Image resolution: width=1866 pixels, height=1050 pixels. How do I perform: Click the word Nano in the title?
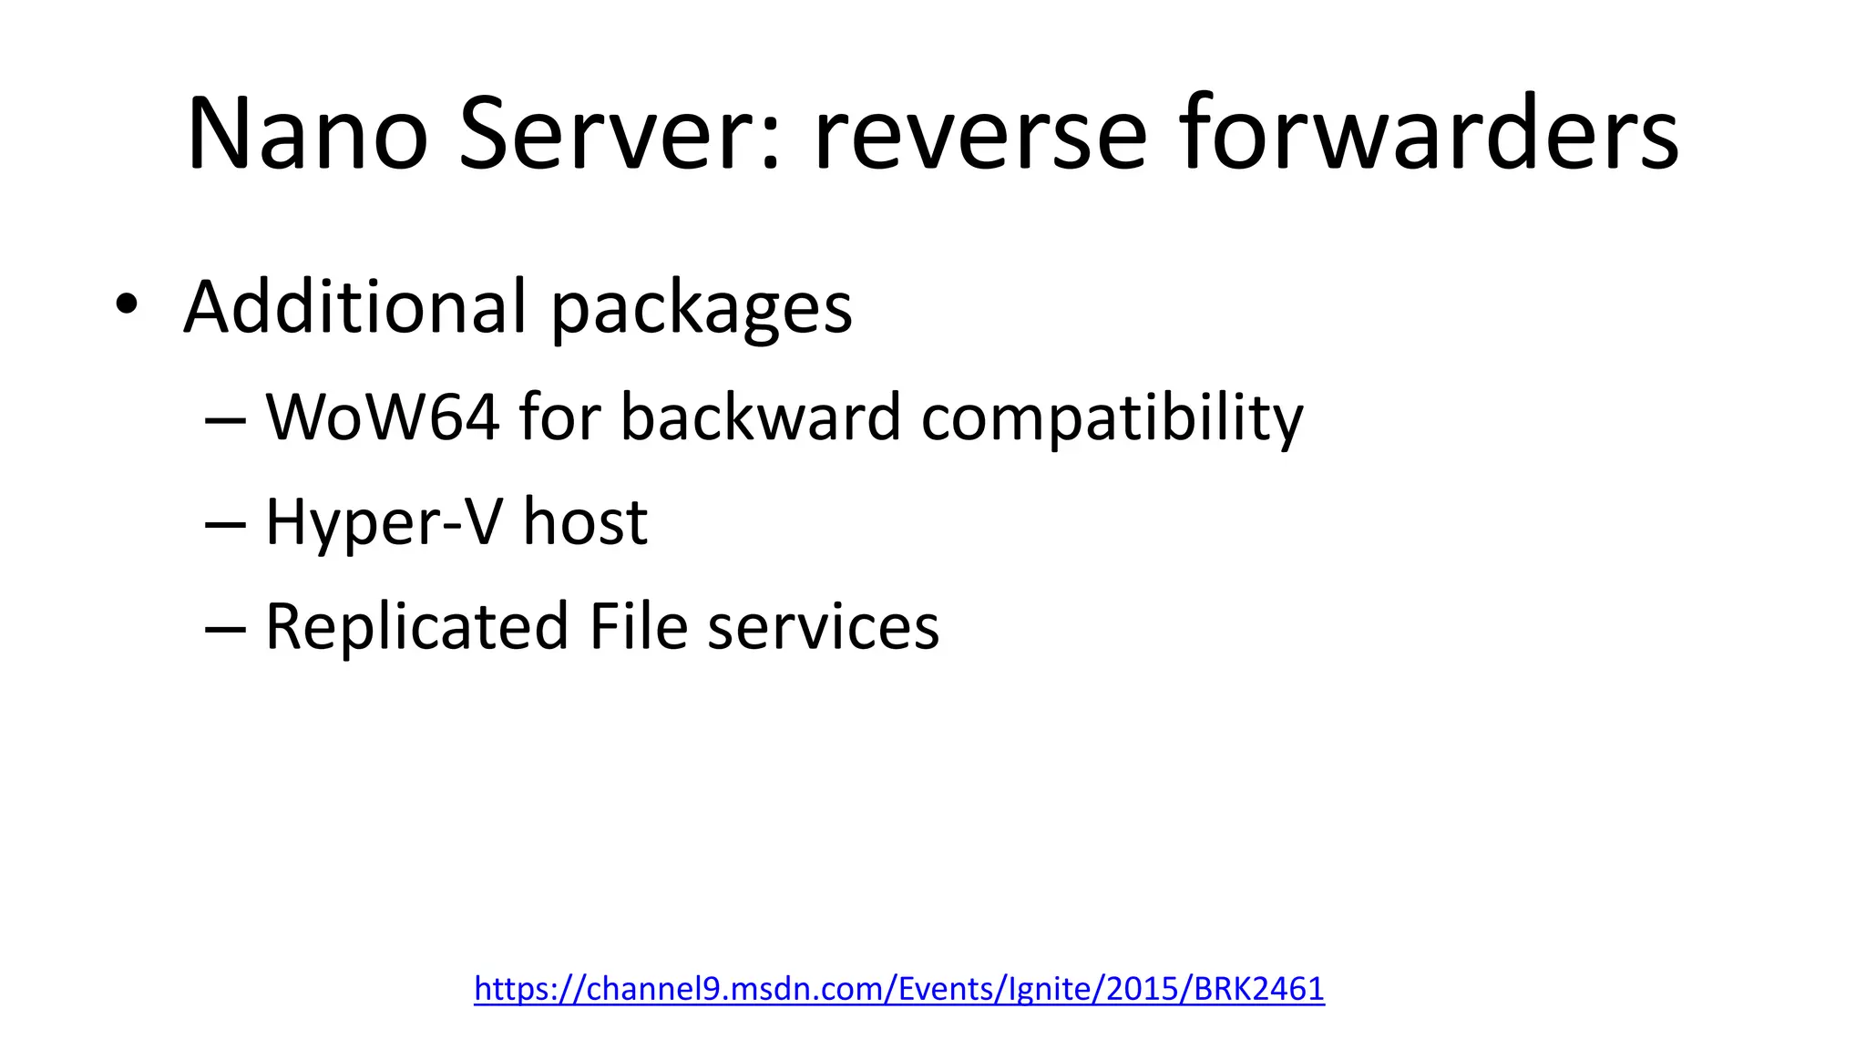(307, 134)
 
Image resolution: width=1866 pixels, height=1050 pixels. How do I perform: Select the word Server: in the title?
(620, 134)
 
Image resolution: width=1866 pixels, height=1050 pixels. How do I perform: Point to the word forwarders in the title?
(1429, 134)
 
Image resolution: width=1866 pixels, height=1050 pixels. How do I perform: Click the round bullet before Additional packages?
(127, 304)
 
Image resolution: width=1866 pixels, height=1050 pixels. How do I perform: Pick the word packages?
(702, 310)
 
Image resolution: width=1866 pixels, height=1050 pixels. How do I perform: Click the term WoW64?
(383, 417)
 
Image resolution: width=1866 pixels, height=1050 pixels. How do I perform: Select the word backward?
(761, 417)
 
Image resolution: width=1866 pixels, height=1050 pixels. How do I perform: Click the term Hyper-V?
(384, 522)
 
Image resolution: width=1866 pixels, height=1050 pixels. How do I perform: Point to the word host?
(584, 522)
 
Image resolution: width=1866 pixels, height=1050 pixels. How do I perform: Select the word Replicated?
(417, 627)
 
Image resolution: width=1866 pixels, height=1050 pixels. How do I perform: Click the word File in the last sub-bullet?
(638, 627)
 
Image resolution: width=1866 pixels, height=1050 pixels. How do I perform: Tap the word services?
(823, 627)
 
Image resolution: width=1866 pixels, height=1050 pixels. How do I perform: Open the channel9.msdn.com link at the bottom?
(898, 988)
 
